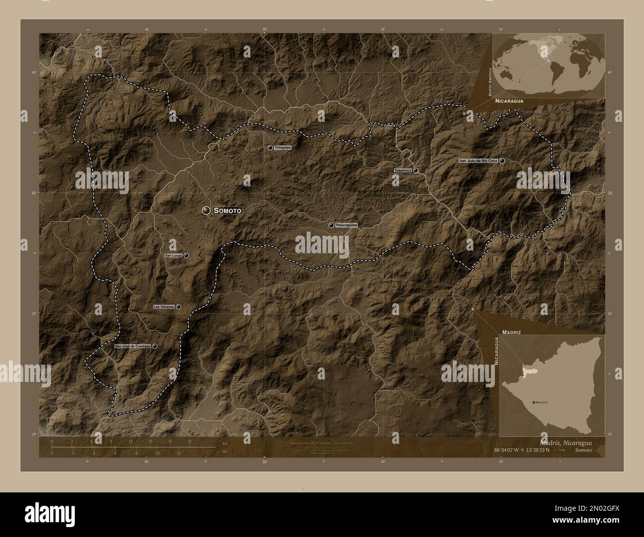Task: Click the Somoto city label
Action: coord(228,211)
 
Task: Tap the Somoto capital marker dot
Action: coord(206,211)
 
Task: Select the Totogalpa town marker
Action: coord(270,148)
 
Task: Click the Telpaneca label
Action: coord(403,170)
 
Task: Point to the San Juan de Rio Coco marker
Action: coord(502,161)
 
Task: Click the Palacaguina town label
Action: coord(346,225)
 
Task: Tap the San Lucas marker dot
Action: coord(186,256)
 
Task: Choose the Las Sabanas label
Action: coord(164,307)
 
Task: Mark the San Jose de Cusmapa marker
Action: coord(155,346)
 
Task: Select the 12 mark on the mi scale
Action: coord(178,453)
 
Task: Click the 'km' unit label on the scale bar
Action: coord(225,443)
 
